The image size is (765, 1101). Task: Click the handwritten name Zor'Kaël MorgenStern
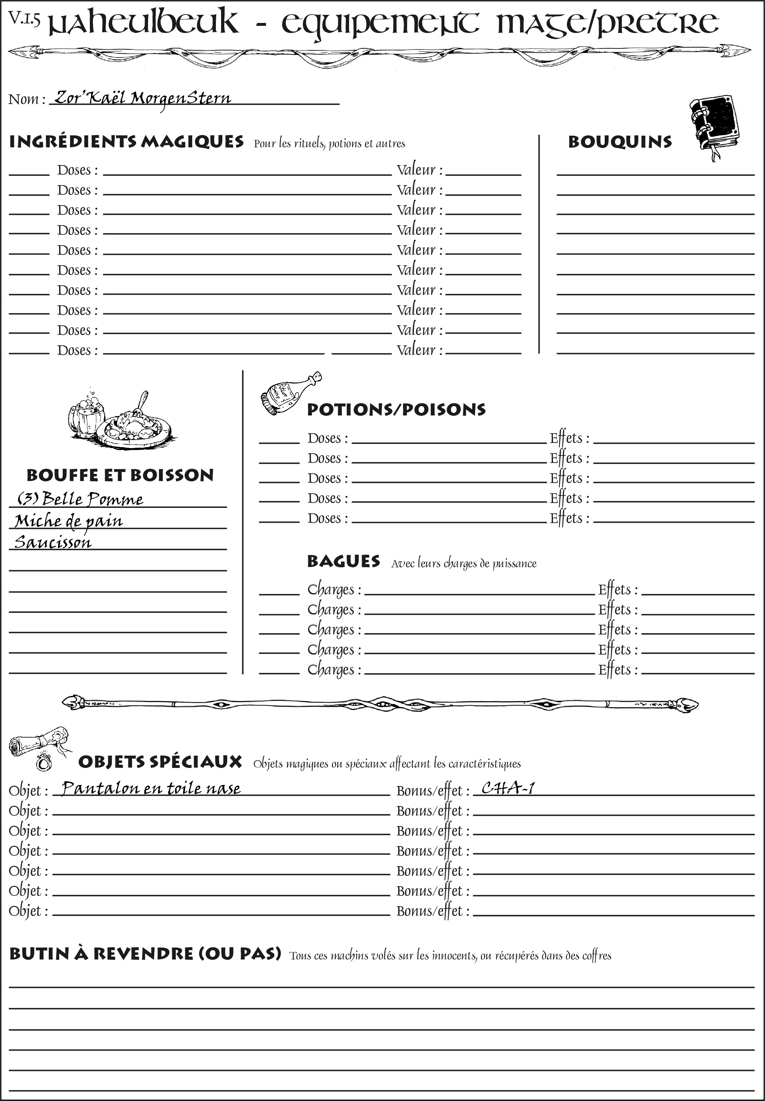click(x=142, y=98)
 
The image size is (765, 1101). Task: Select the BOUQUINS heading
click(x=620, y=142)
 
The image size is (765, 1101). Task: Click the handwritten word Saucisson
click(x=53, y=542)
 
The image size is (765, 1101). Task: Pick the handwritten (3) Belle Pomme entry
click(x=80, y=499)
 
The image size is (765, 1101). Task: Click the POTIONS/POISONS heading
click(x=396, y=410)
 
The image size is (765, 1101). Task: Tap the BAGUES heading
click(x=343, y=561)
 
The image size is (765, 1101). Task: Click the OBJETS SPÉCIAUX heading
click(x=160, y=762)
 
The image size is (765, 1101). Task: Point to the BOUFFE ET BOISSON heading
click(x=120, y=475)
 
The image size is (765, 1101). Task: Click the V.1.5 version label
click(x=24, y=18)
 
